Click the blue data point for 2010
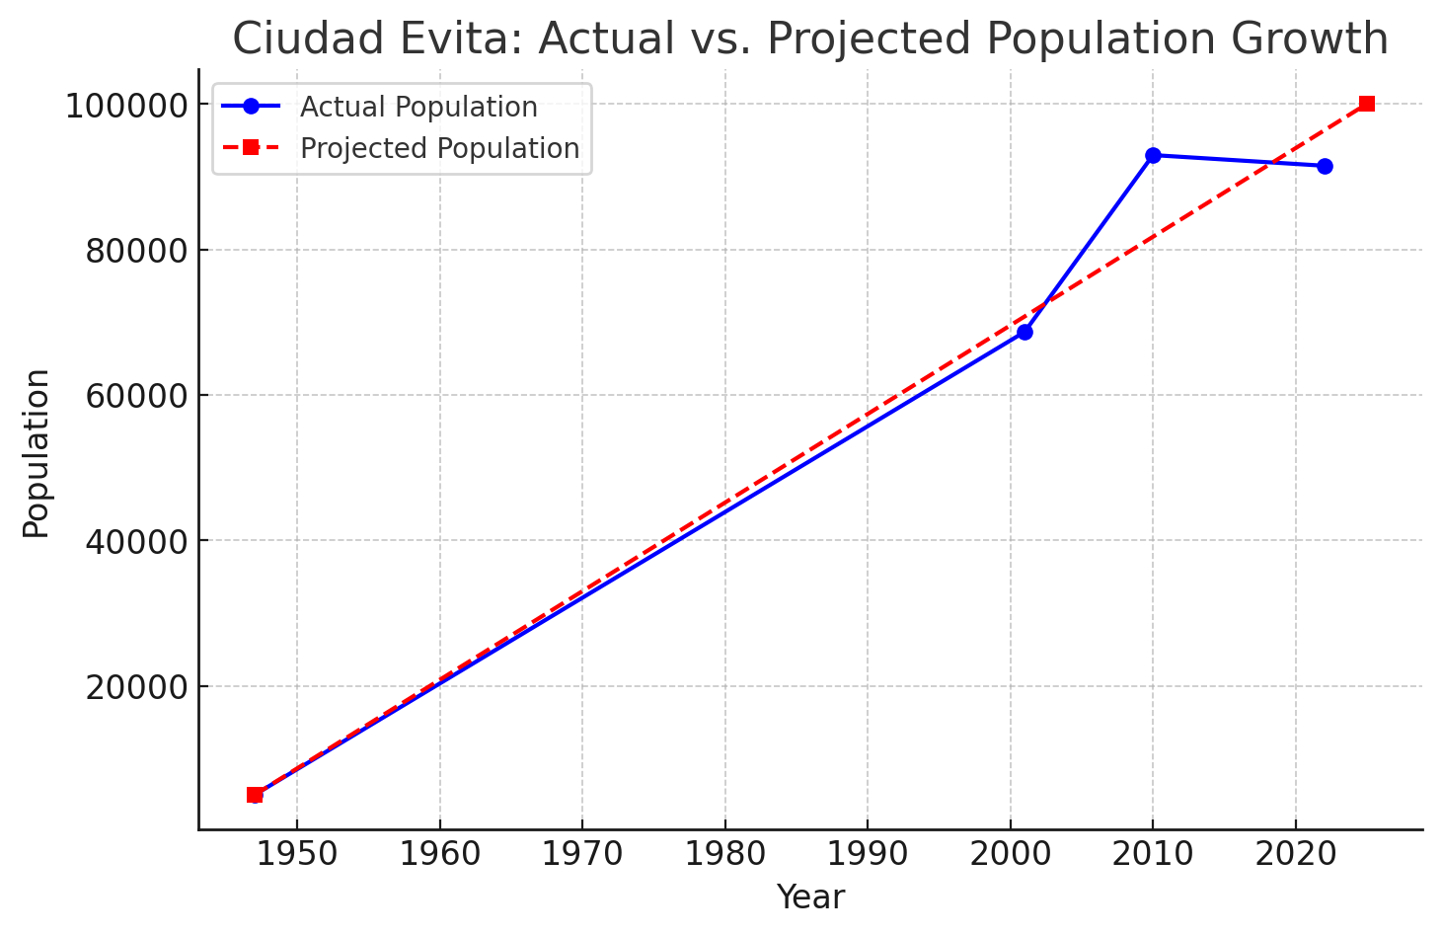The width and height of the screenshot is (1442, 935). [x=1153, y=155]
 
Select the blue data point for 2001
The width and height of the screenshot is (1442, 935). [x=1025, y=333]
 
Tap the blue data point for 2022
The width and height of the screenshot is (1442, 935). [x=1325, y=166]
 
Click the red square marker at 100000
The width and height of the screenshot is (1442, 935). [x=1367, y=104]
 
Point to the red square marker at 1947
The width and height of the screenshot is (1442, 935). [x=255, y=795]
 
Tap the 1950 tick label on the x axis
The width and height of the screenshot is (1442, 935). [x=297, y=855]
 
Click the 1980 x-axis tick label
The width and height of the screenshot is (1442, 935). [x=724, y=855]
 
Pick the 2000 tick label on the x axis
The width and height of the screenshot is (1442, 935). [x=1010, y=855]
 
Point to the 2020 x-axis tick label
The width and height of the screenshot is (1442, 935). [x=1295, y=855]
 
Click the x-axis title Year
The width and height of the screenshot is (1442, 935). [x=810, y=897]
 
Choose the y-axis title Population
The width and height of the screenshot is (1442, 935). [x=37, y=453]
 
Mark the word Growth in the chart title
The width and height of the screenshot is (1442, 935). [x=1310, y=39]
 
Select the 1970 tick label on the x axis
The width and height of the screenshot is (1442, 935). [x=582, y=855]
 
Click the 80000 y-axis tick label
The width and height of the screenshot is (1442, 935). [x=136, y=252]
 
